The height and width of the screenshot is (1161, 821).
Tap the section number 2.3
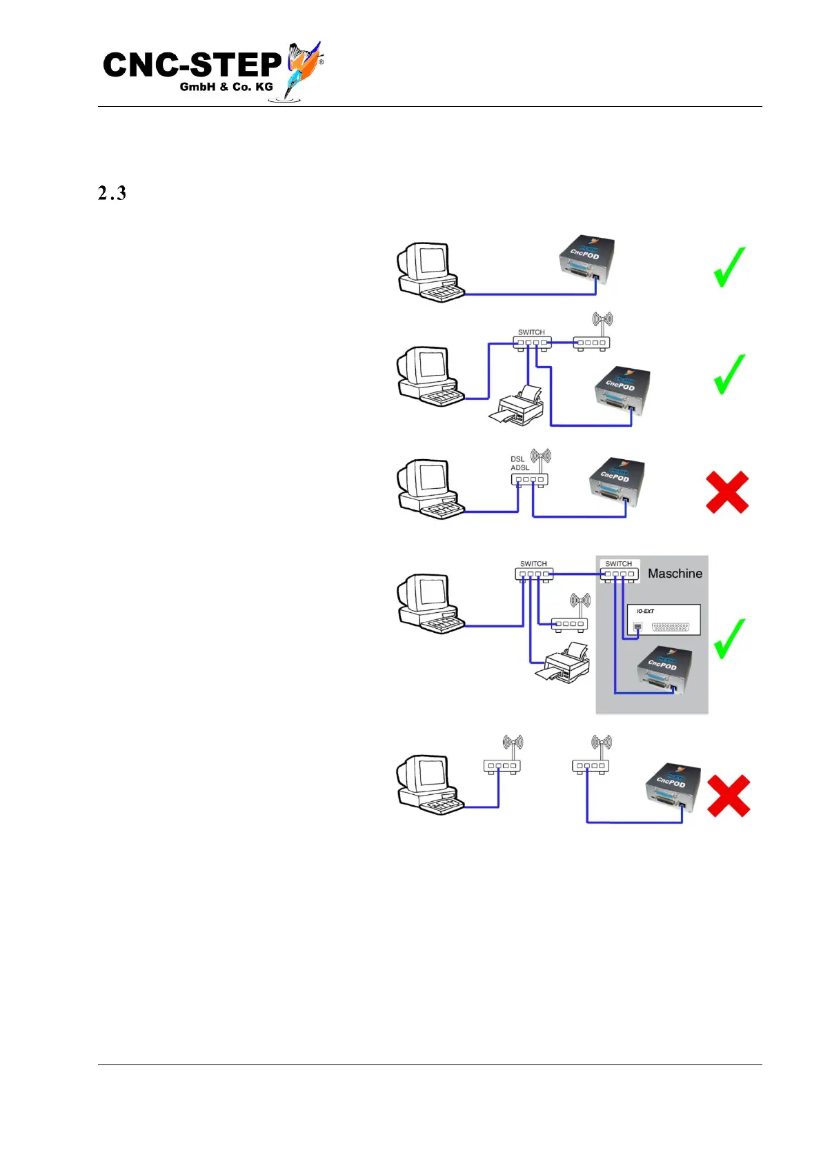click(112, 194)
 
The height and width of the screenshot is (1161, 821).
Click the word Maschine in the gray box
click(675, 574)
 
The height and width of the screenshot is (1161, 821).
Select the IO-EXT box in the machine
click(663, 620)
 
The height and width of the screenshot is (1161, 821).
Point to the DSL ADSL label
click(520, 463)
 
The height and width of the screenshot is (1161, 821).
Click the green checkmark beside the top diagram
click(729, 267)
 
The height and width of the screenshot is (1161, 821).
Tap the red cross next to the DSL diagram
click(727, 492)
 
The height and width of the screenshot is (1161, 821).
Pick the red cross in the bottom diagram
click(729, 796)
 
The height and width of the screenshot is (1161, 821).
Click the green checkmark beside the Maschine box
click(729, 638)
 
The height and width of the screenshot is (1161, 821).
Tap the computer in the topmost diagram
click(428, 272)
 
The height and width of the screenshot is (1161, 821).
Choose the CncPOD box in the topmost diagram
click(586, 260)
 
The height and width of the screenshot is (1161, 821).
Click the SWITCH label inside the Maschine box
click(618, 564)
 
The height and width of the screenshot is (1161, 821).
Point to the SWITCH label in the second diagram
click(531, 332)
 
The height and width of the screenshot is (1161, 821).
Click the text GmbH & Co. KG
click(226, 87)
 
